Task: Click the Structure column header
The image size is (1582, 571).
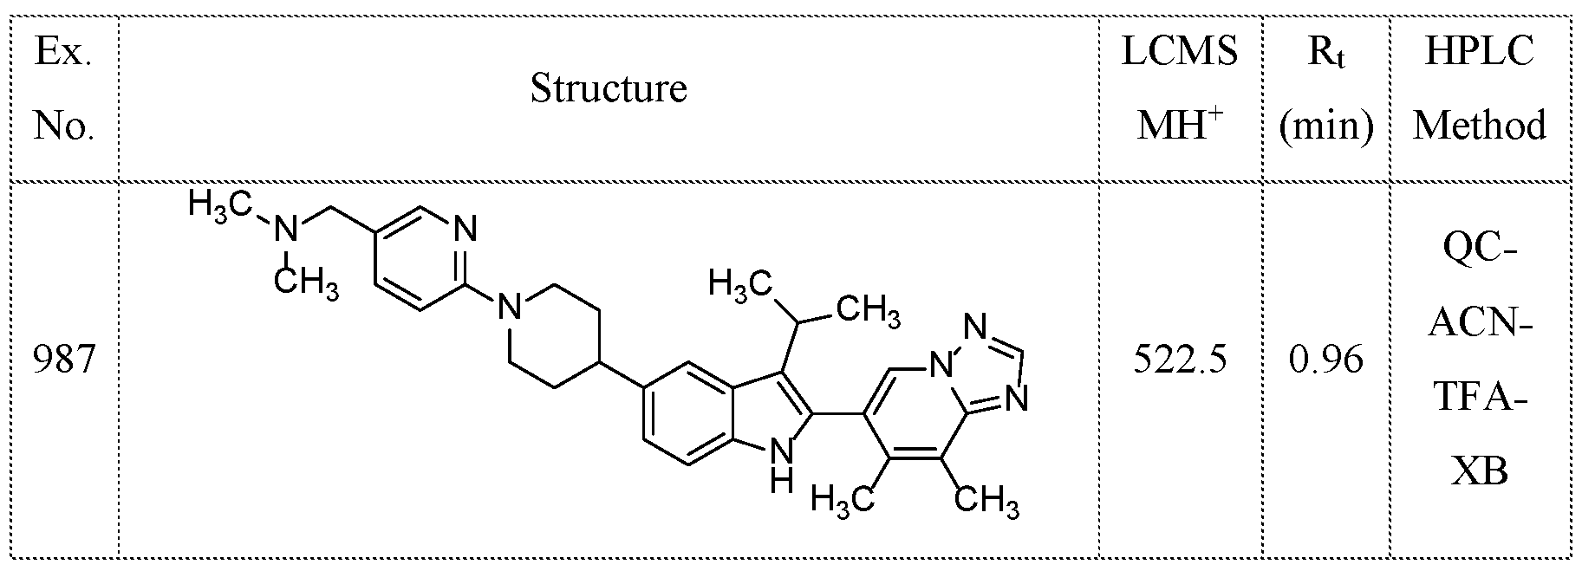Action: click(x=609, y=88)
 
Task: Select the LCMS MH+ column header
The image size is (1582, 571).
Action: click(x=1181, y=88)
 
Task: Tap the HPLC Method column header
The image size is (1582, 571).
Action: click(x=1480, y=88)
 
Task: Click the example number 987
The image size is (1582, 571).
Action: click(x=62, y=358)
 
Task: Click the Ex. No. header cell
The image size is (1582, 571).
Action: click(x=62, y=88)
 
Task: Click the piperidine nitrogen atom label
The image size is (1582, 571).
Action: click(x=511, y=305)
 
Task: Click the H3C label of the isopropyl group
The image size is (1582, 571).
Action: click(x=739, y=283)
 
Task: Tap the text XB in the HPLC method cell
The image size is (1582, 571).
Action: click(x=1480, y=472)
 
